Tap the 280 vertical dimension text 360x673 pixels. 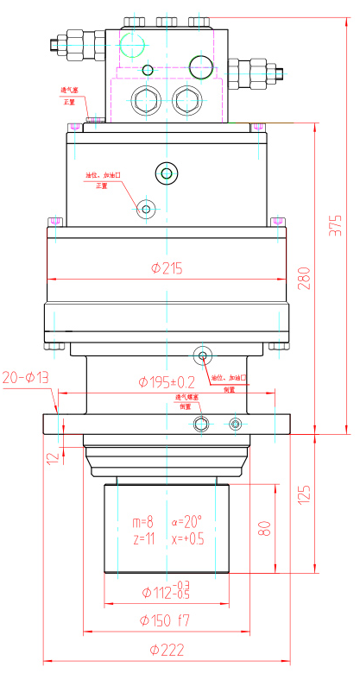304,278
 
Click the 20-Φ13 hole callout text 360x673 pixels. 26,377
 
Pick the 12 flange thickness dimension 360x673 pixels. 51,458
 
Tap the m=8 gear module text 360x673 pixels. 142,523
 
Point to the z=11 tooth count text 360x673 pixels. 142,538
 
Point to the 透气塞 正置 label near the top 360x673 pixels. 69,95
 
